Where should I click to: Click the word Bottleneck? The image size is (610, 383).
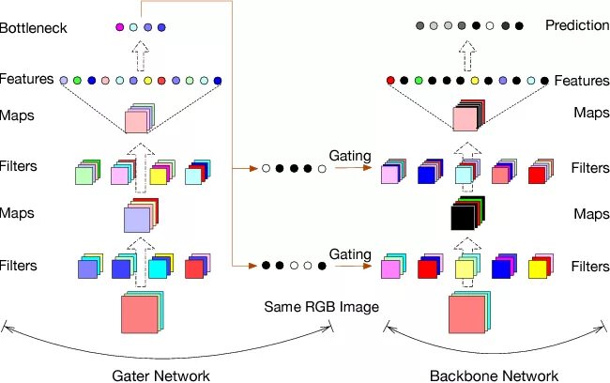(x=34, y=28)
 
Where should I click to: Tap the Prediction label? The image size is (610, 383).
(x=577, y=25)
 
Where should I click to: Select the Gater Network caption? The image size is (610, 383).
(x=160, y=376)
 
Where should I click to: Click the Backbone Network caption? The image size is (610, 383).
(x=494, y=376)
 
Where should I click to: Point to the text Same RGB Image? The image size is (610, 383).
(x=321, y=307)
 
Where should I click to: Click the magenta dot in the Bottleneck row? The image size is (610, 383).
(x=120, y=27)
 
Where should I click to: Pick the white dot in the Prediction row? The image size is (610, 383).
(x=490, y=25)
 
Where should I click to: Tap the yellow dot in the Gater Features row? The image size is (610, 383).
(x=147, y=81)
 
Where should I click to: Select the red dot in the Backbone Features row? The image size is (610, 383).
(x=390, y=81)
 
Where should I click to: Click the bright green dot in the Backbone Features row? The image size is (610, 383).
(x=419, y=81)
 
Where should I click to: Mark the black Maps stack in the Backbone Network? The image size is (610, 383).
(x=467, y=213)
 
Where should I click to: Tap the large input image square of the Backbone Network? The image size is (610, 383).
(x=469, y=313)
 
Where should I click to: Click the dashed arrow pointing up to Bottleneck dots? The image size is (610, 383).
(x=141, y=55)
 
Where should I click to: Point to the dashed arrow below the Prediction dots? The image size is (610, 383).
(x=467, y=55)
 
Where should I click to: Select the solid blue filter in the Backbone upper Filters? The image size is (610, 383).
(x=430, y=171)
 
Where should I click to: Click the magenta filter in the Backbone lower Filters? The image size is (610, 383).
(x=393, y=267)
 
